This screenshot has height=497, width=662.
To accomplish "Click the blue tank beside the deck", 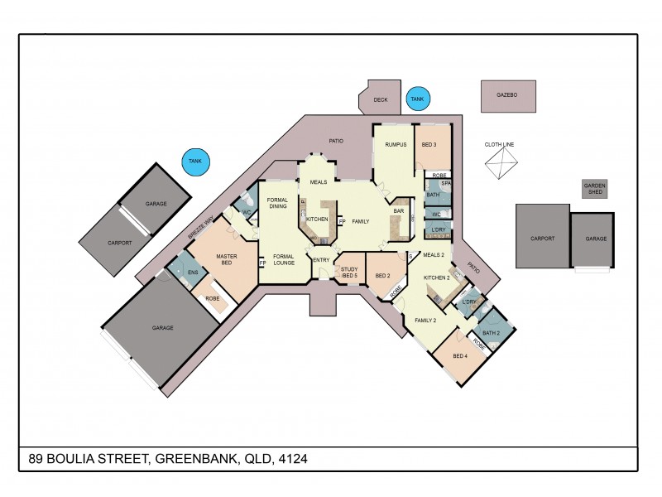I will [x=417, y=99].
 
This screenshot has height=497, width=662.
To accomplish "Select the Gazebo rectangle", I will [x=507, y=96].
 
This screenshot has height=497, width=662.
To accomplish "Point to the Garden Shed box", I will [x=593, y=188].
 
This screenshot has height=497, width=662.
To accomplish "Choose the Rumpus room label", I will [x=396, y=145].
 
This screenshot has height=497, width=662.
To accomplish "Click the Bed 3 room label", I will [x=429, y=145].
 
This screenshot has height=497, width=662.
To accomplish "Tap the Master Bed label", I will [x=227, y=259].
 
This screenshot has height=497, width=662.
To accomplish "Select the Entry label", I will [x=321, y=260].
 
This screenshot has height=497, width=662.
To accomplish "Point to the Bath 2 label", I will [x=492, y=333].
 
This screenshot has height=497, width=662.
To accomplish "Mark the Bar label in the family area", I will [x=398, y=211].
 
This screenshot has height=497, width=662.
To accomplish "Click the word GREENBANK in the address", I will [x=190, y=458].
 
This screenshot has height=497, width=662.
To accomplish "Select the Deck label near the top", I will [x=380, y=99].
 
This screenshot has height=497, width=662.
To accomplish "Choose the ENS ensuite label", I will [x=193, y=272].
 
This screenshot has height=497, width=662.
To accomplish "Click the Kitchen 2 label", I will [x=436, y=277].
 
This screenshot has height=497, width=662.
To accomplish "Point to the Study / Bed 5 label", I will [x=349, y=272].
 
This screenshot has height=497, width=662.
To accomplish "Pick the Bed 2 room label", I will [x=382, y=276].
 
